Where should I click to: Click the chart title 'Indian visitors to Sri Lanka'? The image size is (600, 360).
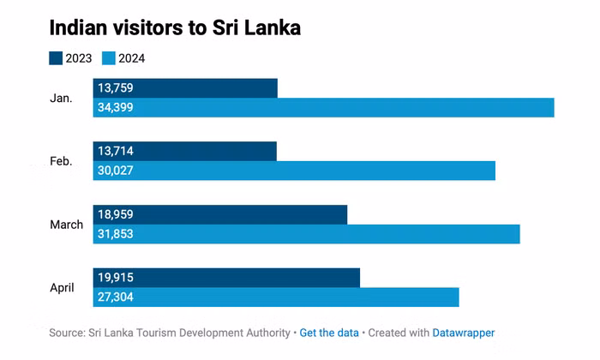tap(175, 27)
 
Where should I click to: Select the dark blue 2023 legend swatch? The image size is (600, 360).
tap(56, 59)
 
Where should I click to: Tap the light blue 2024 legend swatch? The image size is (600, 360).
tap(108, 59)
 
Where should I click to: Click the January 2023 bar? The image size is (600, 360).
tap(185, 87)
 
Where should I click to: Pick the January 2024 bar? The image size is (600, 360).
tap(324, 108)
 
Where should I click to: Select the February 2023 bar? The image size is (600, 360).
tap(185, 151)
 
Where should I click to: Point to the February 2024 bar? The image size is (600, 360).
tap(294, 171)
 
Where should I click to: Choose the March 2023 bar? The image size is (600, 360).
tap(220, 214)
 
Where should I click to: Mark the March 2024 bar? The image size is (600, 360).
tap(307, 234)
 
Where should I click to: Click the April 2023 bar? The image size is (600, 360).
tap(226, 278)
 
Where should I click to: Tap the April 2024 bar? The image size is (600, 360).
tap(276, 297)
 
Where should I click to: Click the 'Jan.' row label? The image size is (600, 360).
tap(61, 98)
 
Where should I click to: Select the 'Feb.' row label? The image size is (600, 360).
tap(61, 161)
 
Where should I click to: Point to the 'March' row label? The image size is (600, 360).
tap(66, 225)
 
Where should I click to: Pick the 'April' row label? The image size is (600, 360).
tap(62, 288)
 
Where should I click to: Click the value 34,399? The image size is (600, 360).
tap(116, 108)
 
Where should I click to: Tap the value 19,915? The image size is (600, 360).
tap(116, 278)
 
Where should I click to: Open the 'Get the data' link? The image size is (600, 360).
tap(329, 333)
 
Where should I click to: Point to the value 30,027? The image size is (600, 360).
tap(116, 171)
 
